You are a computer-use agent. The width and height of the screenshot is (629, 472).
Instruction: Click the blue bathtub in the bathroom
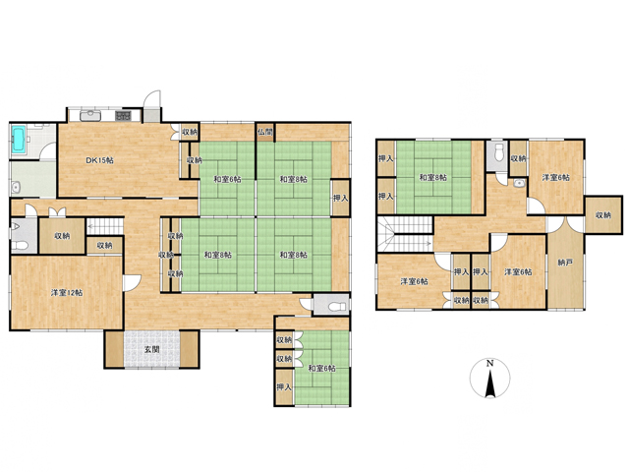pyautogui.click(x=19, y=140)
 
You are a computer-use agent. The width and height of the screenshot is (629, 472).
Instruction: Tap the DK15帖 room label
pyautogui.click(x=100, y=160)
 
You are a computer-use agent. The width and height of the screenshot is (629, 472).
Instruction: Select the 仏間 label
pyautogui.click(x=265, y=132)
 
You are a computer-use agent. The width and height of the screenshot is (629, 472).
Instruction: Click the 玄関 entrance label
pyautogui.click(x=152, y=349)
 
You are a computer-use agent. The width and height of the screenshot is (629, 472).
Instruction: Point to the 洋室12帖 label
pyautogui.click(x=67, y=293)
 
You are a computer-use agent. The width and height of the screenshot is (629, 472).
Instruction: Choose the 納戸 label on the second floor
pyautogui.click(x=565, y=263)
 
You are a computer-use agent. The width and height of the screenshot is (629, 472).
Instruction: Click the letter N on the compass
pyautogui.click(x=489, y=364)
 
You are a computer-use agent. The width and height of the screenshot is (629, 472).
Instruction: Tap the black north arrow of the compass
pyautogui.click(x=490, y=383)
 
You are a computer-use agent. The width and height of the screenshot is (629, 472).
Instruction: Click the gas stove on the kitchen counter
pyautogui.click(x=123, y=116)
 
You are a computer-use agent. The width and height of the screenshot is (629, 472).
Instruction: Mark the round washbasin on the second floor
pyautogui.click(x=520, y=184)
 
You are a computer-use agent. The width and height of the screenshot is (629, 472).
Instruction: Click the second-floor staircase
pyautogui.click(x=405, y=234)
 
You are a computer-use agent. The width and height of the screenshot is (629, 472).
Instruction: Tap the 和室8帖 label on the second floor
pyautogui.click(x=432, y=177)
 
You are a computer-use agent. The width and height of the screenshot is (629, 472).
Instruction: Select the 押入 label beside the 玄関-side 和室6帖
pyautogui.click(x=284, y=386)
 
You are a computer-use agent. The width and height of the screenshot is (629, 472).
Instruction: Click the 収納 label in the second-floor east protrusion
pyautogui.click(x=602, y=214)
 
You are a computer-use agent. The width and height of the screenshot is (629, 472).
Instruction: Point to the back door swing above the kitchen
pyautogui.click(x=152, y=98)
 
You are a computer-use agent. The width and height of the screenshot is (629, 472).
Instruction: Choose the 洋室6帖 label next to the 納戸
pyautogui.click(x=518, y=271)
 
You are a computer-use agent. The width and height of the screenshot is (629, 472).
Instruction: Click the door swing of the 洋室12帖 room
pyautogui.click(x=131, y=282)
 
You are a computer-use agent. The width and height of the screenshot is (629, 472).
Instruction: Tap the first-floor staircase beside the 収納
pyautogui.click(x=105, y=226)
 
